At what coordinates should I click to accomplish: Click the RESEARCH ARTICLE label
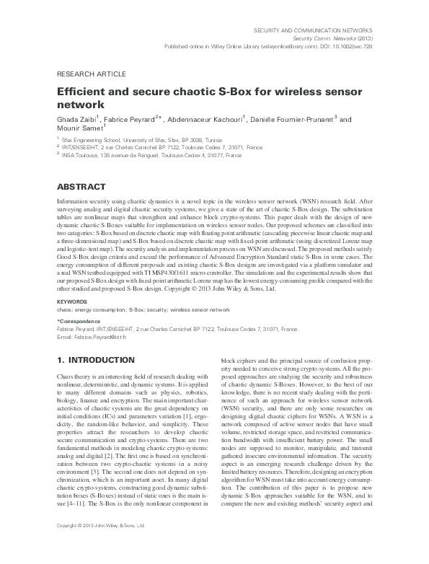coord(91,74)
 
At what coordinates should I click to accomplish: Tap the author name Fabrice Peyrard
coord(128,120)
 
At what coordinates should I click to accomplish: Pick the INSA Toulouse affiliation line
coord(143,155)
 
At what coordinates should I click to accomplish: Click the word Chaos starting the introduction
coord(66,376)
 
